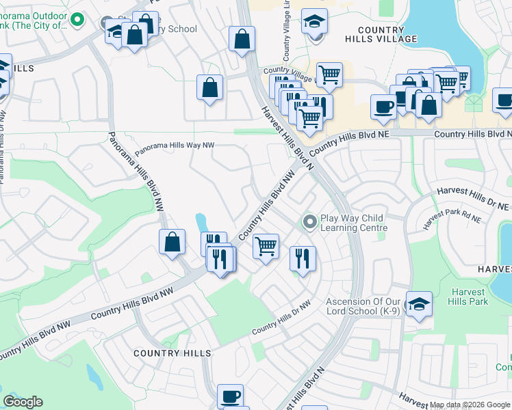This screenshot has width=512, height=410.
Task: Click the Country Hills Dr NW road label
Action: coord(281,317)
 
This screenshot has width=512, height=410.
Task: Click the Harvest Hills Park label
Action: coord(469,297)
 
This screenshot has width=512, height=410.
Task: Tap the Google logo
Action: coord(23,402)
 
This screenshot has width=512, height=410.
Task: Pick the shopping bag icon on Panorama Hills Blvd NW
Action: coord(172,241)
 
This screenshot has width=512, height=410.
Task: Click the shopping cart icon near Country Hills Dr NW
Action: coord(266,245)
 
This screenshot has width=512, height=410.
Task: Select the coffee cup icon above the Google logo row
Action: coord(230,396)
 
